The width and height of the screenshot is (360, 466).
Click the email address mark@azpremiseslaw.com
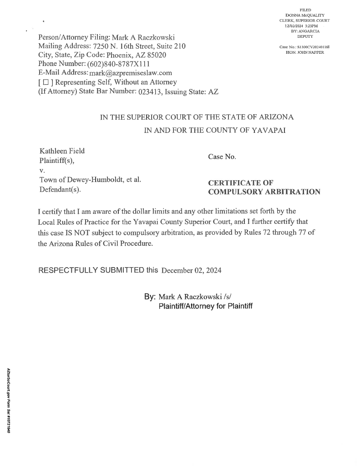tap(131, 73)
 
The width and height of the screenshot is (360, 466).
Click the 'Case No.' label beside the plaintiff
tap(222, 157)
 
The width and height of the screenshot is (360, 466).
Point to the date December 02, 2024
tap(192, 271)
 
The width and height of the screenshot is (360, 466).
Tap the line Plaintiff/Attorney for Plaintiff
tap(205, 306)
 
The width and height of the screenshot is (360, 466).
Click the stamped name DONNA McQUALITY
tap(304, 15)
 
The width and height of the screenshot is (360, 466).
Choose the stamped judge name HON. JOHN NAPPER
tap(304, 52)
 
